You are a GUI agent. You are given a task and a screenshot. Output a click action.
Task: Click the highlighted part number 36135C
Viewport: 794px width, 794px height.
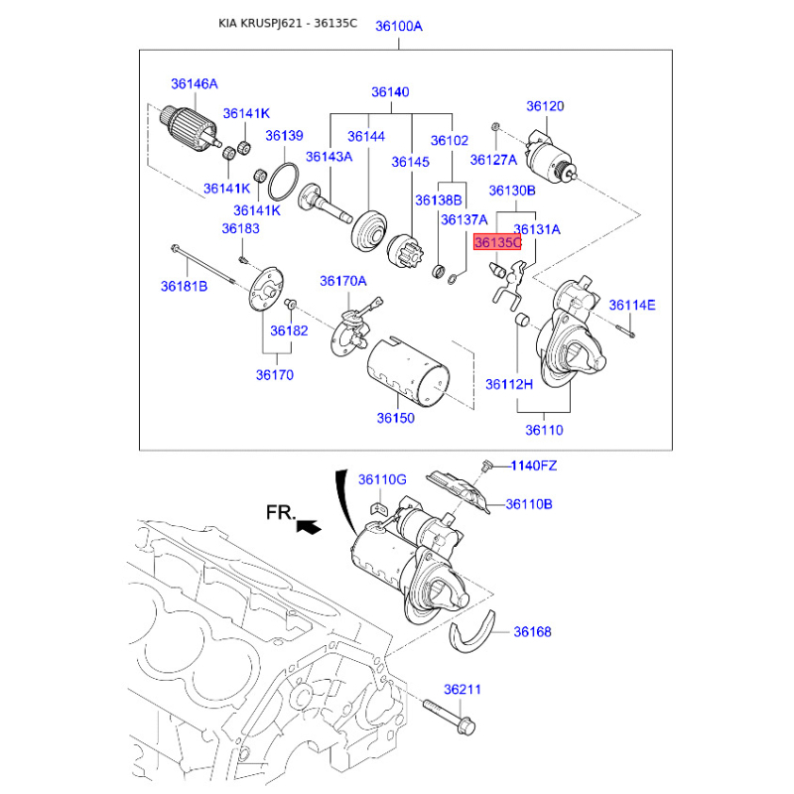(x=497, y=242)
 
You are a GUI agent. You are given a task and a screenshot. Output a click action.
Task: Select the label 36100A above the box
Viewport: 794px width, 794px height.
(x=399, y=27)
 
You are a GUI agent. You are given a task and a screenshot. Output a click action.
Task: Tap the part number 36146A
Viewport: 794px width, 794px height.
(x=194, y=84)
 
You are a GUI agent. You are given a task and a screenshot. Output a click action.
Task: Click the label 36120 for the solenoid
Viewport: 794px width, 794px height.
(x=545, y=106)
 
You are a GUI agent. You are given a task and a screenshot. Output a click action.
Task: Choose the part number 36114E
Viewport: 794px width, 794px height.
(x=632, y=305)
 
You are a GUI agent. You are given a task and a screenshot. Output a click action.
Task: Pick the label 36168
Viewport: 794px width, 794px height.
(x=532, y=632)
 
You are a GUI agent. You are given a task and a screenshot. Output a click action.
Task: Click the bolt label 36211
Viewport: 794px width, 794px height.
(x=462, y=689)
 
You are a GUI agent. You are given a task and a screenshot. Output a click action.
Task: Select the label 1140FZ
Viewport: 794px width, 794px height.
(x=535, y=464)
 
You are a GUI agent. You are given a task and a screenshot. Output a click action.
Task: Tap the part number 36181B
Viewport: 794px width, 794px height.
(x=184, y=287)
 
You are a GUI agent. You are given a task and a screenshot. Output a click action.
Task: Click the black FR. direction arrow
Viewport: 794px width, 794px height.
(x=310, y=527)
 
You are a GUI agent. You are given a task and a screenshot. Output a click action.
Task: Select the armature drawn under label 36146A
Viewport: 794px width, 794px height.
(x=189, y=128)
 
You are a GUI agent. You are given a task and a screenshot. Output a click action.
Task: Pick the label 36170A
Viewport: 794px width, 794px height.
(x=342, y=282)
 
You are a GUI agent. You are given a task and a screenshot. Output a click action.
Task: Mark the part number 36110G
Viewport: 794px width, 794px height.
(x=382, y=480)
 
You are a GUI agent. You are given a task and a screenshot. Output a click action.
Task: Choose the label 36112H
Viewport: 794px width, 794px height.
(x=509, y=384)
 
